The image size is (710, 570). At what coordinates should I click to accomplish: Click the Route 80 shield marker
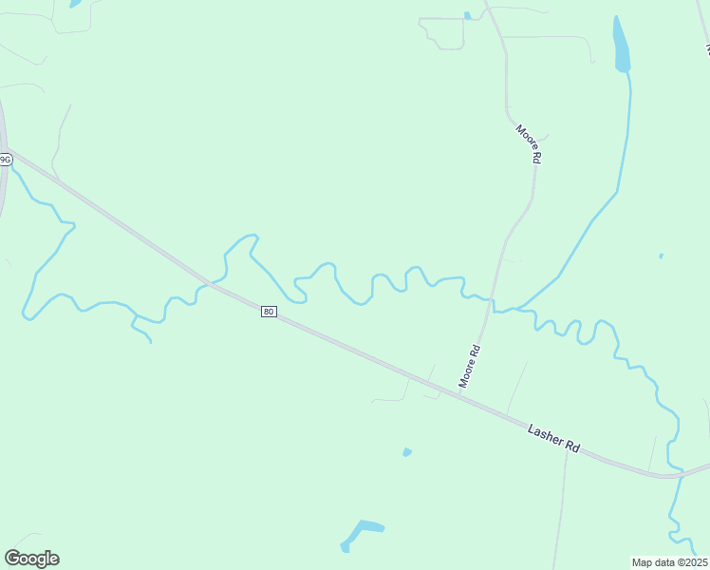click(x=269, y=312)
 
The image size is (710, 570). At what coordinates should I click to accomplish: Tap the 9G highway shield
click(x=5, y=160)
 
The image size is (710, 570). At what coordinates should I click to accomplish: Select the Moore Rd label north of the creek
click(x=529, y=144)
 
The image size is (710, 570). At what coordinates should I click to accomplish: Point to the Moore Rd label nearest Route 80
click(x=470, y=366)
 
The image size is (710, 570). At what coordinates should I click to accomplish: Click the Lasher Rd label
click(x=553, y=438)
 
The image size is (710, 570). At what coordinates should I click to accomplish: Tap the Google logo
click(x=31, y=559)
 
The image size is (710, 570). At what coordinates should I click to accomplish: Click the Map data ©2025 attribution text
click(x=669, y=562)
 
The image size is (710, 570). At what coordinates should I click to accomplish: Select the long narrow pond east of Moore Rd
click(x=621, y=46)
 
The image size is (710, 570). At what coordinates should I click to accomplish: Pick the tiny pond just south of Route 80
click(x=407, y=452)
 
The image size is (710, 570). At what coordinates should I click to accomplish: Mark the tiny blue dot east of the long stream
click(x=661, y=256)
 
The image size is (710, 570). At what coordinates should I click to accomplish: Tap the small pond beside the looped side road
click(x=467, y=15)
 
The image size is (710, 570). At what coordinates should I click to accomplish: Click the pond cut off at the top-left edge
click(x=75, y=4)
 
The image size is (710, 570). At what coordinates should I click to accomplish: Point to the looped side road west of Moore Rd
click(x=441, y=33)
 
